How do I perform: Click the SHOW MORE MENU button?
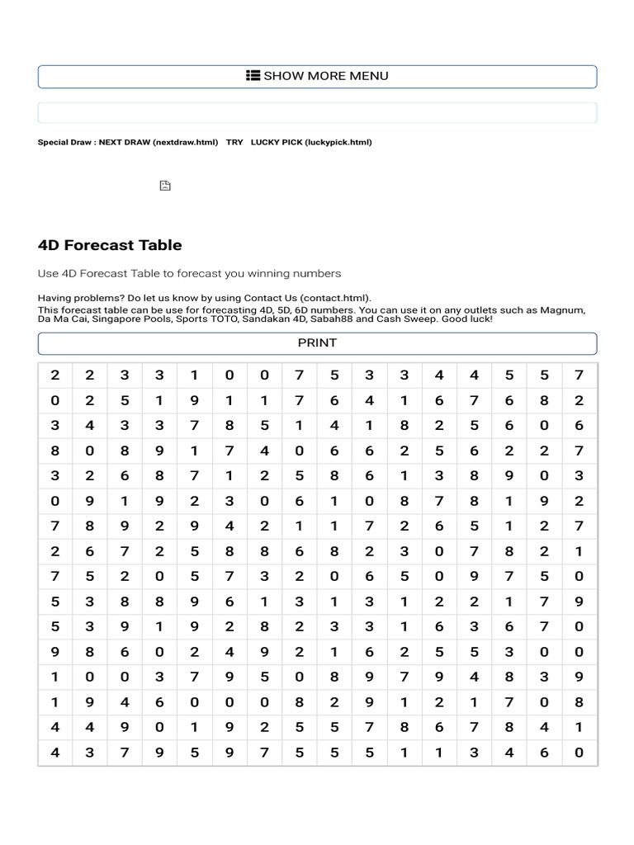(317, 76)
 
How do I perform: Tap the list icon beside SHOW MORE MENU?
(253, 76)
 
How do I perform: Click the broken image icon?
(165, 186)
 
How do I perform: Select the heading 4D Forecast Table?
(110, 245)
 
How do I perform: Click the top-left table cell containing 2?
(55, 375)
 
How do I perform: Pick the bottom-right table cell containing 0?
(580, 753)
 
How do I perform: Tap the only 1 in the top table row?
(195, 375)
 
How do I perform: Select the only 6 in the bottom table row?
(544, 753)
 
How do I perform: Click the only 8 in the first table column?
(55, 451)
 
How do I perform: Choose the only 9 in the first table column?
(55, 652)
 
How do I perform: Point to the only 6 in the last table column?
(580, 426)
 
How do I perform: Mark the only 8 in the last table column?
(580, 702)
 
